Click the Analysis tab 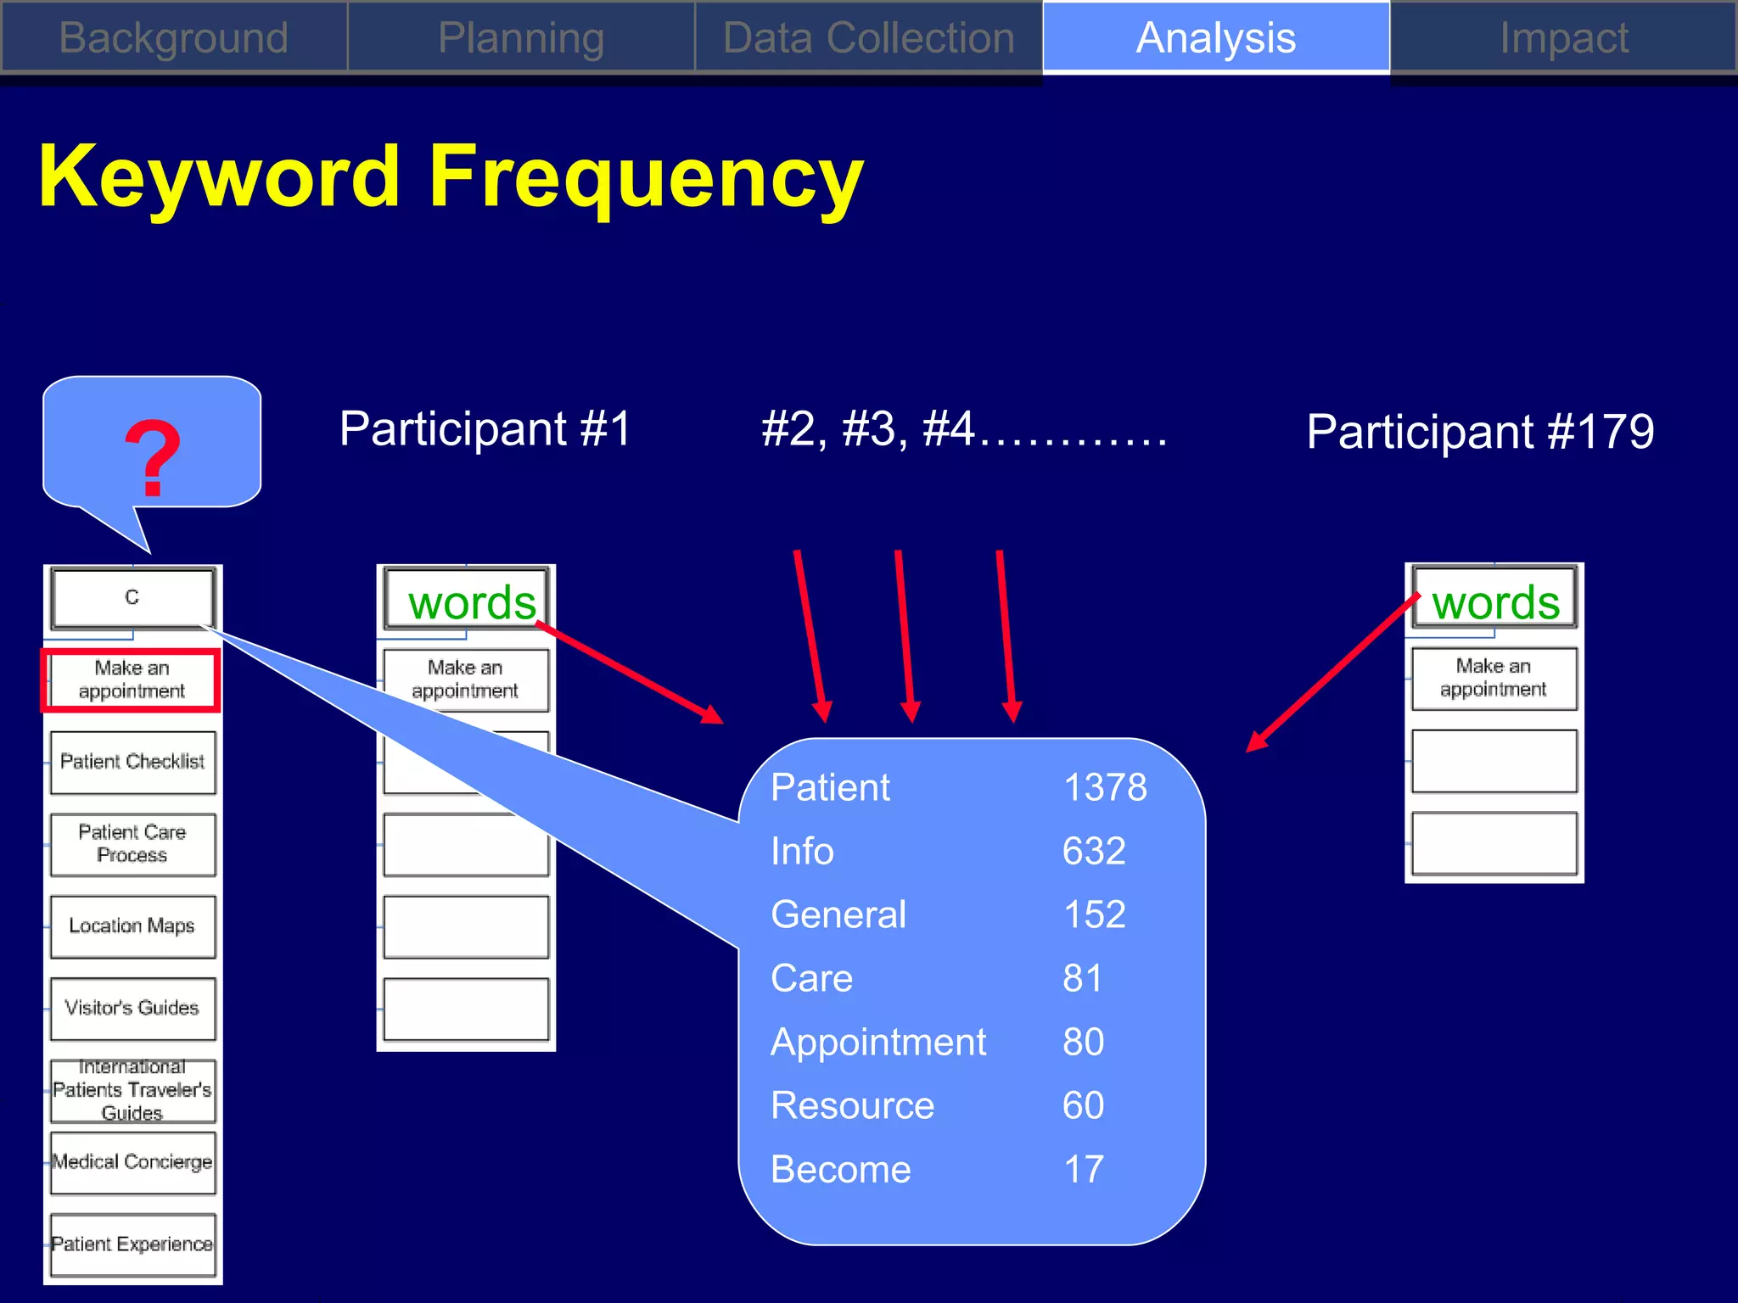[1215, 38]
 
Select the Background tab [174, 38]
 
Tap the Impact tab [1563, 38]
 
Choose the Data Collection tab [868, 38]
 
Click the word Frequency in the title [645, 176]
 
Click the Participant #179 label [1480, 431]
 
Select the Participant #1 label [485, 428]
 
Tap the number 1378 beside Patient [1105, 787]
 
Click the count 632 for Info [1094, 851]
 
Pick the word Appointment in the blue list [878, 1042]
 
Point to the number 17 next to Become [1084, 1169]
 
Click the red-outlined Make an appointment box [132, 679]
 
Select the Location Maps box [132, 926]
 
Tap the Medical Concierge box [132, 1161]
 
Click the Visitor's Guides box [132, 1008]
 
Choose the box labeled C [132, 597]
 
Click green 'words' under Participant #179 [1495, 602]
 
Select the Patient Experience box [132, 1244]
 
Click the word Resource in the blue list [852, 1105]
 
